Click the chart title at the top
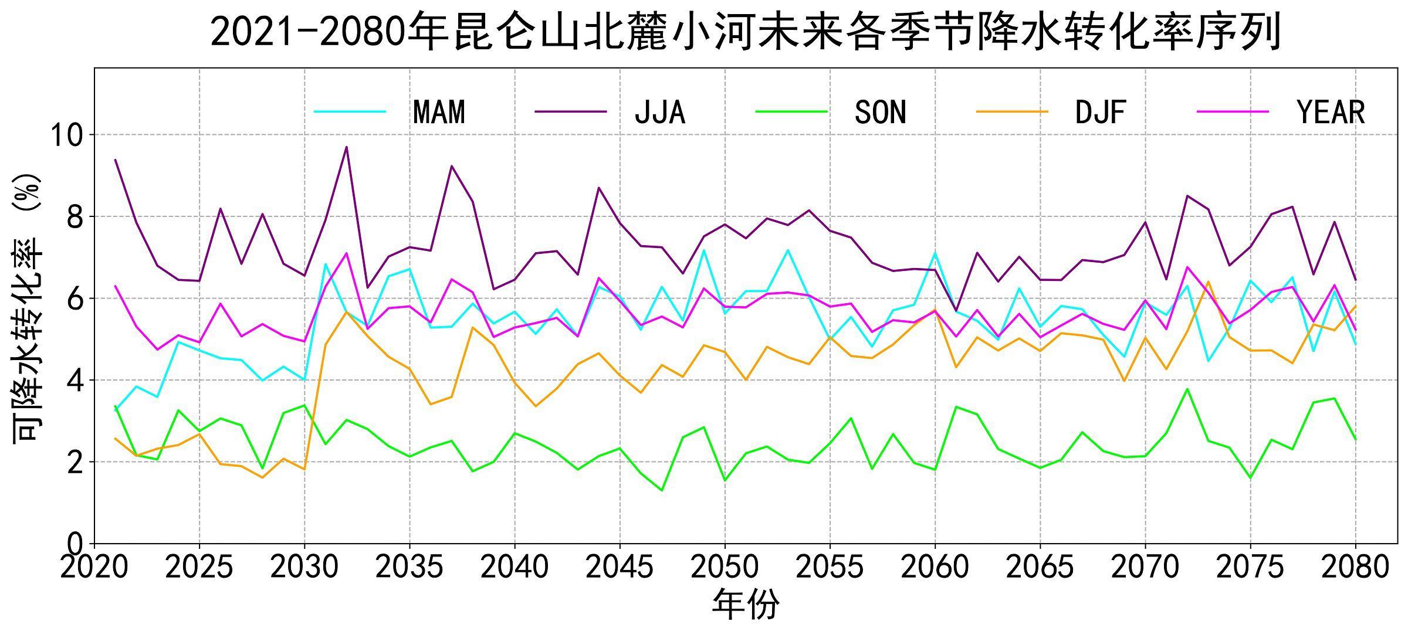[x=745, y=32]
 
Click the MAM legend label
[x=439, y=112]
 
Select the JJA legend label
[x=659, y=112]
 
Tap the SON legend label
[x=880, y=112]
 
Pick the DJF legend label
[x=1101, y=112]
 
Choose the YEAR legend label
[x=1331, y=112]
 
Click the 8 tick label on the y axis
[x=75, y=217]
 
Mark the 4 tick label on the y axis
[x=75, y=381]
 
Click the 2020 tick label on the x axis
[x=94, y=567]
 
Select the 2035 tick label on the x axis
[x=409, y=567]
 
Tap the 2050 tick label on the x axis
[x=725, y=567]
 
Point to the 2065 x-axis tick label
[x=1040, y=567]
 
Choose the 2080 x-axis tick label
[x=1355, y=567]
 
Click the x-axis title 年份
[x=745, y=605]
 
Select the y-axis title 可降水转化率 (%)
[x=28, y=307]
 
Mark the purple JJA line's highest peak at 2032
[x=347, y=147]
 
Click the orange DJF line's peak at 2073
[x=1209, y=281]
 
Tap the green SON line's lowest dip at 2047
[x=662, y=490]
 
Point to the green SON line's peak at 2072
[x=1187, y=389]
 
